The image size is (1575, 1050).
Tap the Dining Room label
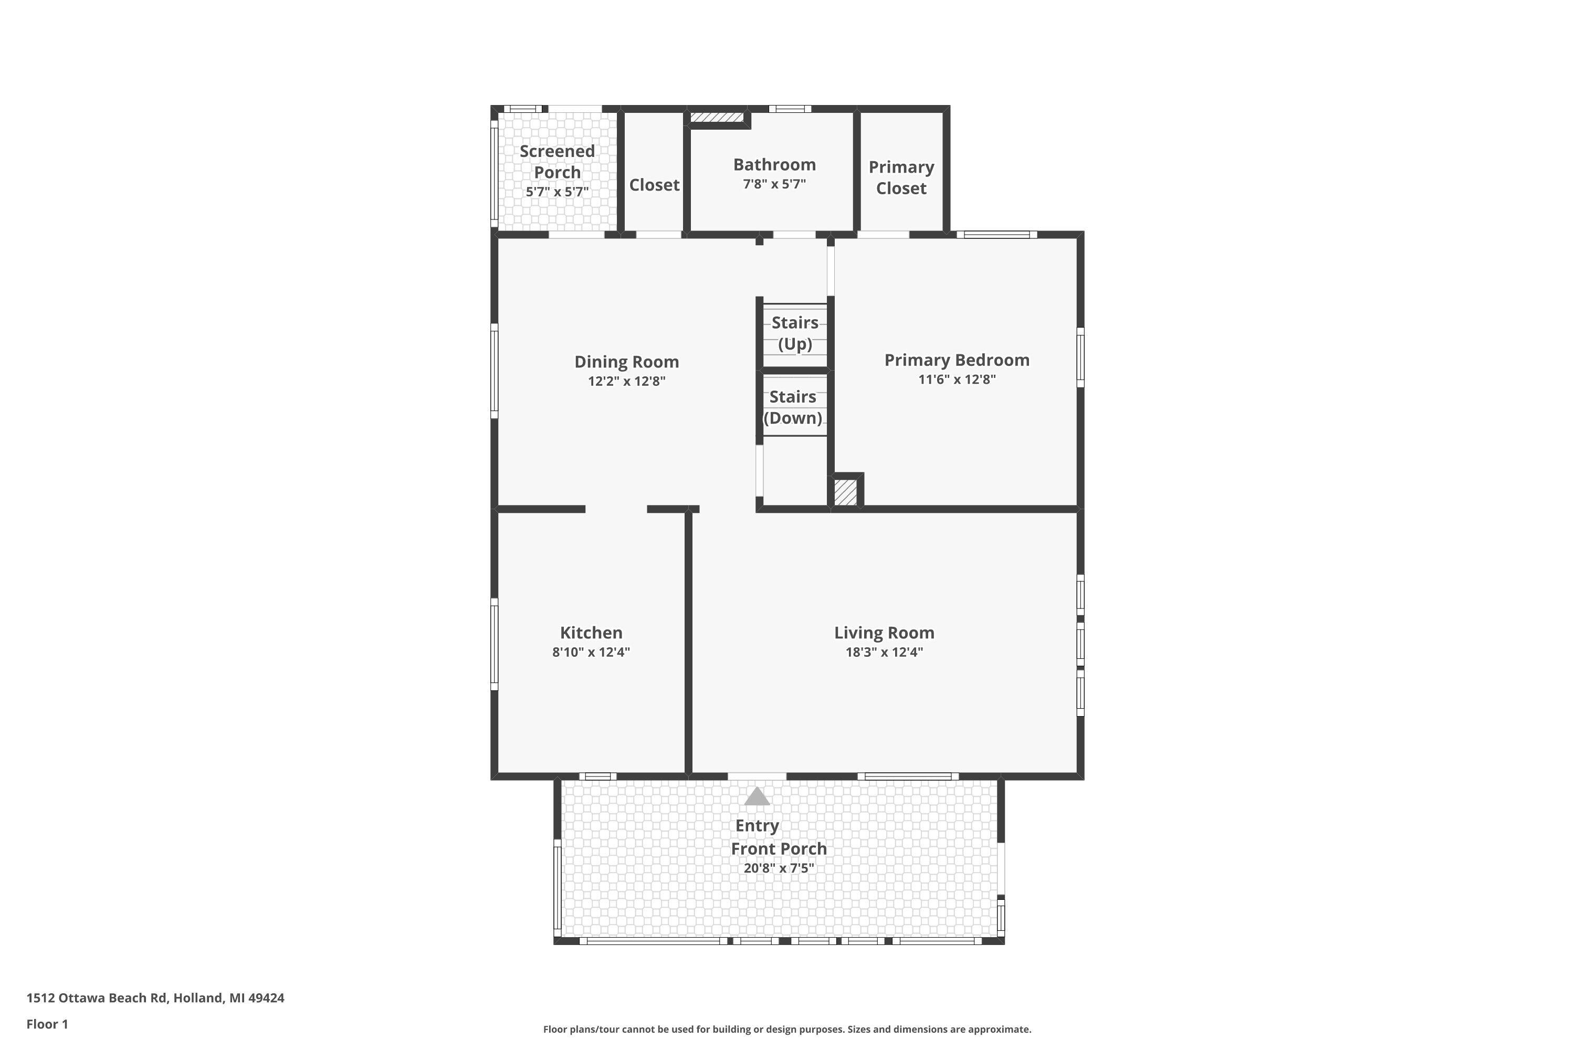(626, 362)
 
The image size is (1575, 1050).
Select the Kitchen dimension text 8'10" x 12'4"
(591, 652)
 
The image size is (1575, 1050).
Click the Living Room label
(884, 633)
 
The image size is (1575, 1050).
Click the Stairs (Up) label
(795, 333)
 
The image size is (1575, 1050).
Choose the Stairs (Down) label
(793, 407)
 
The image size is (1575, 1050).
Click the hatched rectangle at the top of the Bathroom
(717, 118)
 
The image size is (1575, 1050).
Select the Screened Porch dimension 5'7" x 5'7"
(557, 192)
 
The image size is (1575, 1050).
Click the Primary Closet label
(901, 177)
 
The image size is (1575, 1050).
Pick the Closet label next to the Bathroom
(654, 185)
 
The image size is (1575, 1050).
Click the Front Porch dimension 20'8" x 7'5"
(779, 868)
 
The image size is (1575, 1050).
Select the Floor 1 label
(47, 1024)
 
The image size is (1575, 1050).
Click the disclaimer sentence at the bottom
(787, 1029)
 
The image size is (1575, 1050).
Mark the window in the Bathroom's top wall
(790, 109)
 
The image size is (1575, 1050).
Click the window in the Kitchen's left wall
(494, 644)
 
